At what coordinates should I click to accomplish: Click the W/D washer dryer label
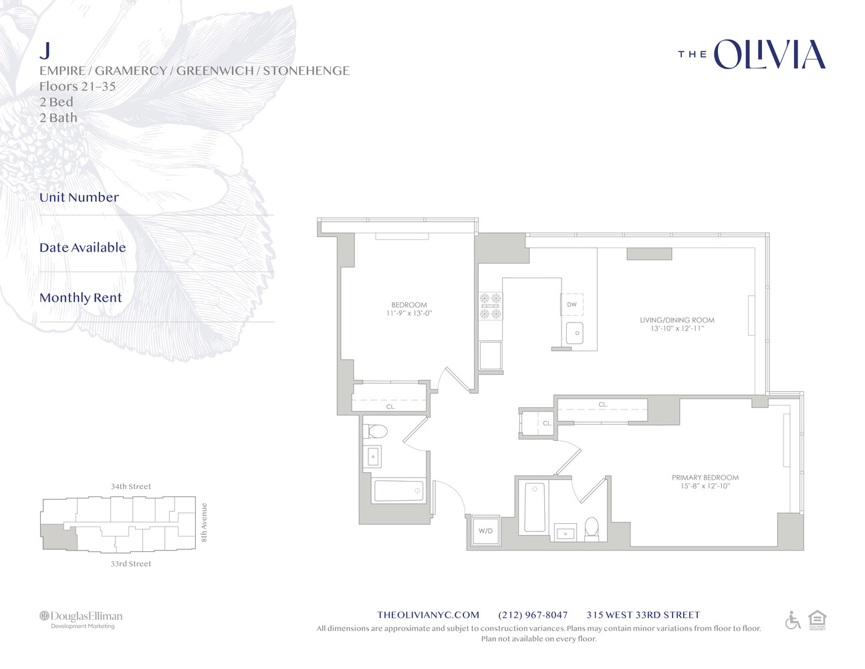pos(485,531)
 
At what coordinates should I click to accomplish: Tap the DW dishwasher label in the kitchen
pos(572,304)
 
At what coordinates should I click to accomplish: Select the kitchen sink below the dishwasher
pos(575,332)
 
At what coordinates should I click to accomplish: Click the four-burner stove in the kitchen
pos(490,306)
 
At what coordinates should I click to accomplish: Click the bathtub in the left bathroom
pos(398,491)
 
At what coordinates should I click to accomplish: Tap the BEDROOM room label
pos(409,305)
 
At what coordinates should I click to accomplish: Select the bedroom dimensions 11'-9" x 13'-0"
pos(409,314)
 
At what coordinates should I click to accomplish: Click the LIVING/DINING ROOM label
pos(677,320)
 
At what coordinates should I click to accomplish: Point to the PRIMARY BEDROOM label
pos(705,478)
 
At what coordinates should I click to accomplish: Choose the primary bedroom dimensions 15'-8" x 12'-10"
pos(705,486)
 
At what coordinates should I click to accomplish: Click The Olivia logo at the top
pos(752,55)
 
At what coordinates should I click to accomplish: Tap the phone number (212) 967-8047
pos(533,615)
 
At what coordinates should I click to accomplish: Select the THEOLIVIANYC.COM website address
pos(428,615)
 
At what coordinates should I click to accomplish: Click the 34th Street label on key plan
pos(131,487)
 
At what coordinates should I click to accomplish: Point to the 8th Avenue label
pos(205,522)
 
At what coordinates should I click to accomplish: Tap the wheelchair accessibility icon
pos(793,621)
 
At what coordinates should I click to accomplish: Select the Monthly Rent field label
pos(81,298)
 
